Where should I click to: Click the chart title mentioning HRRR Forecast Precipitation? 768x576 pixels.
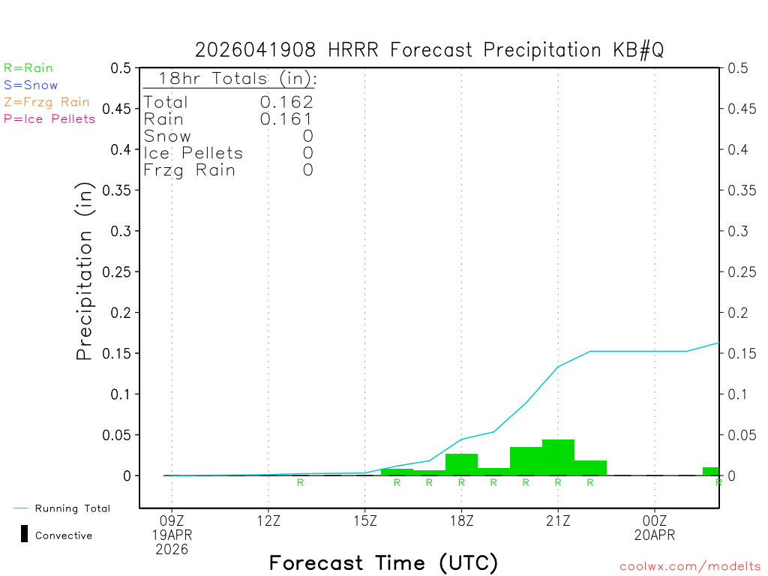click(x=429, y=50)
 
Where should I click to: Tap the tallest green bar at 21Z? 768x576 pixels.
click(x=558, y=457)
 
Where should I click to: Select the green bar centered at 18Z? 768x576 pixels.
click(x=461, y=464)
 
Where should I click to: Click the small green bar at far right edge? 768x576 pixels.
click(x=710, y=471)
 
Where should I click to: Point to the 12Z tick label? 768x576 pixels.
click(x=268, y=519)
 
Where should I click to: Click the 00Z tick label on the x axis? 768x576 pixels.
click(x=655, y=519)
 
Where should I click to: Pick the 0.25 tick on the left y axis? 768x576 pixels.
click(x=121, y=271)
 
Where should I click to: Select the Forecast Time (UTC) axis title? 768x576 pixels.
click(x=383, y=562)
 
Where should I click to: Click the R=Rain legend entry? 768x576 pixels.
click(x=28, y=68)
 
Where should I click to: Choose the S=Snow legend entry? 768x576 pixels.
click(x=31, y=85)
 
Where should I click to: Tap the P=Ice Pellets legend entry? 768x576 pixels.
click(x=49, y=118)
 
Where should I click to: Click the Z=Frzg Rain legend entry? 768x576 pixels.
click(x=46, y=102)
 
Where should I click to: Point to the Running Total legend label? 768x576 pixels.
click(x=72, y=508)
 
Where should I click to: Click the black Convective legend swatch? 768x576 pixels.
click(x=24, y=534)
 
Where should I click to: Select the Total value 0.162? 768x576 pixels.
click(x=286, y=102)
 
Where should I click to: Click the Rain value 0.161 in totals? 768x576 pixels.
click(x=286, y=118)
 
